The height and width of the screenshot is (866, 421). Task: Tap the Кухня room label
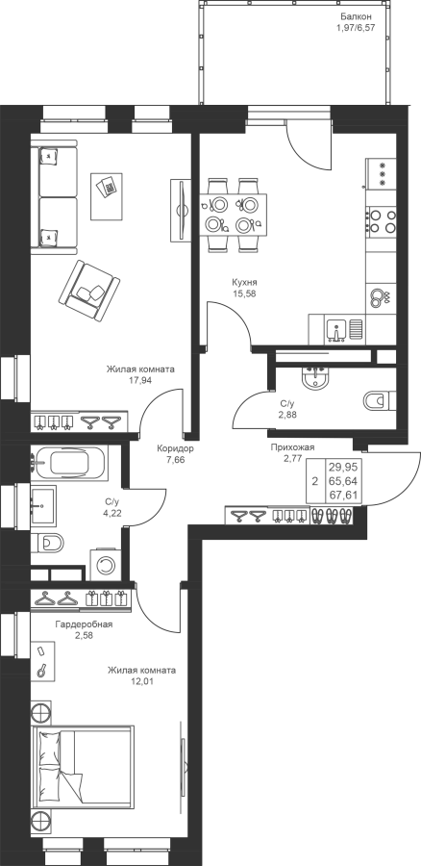tap(243, 282)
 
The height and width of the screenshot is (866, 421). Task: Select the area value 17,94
tap(140, 380)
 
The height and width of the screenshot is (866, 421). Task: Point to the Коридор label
tap(175, 448)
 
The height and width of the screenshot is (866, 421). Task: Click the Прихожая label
tap(292, 447)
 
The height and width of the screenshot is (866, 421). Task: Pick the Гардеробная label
tap(84, 624)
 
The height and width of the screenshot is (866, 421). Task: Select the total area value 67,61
tap(343, 495)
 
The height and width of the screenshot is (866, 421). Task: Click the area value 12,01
tap(141, 681)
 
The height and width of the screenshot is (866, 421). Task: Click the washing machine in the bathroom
tap(104, 564)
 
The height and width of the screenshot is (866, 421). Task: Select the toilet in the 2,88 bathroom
tap(381, 399)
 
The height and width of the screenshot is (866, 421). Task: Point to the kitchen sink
tap(335, 330)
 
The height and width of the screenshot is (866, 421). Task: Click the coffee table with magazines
tap(107, 195)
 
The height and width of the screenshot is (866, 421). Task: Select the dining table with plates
tap(233, 215)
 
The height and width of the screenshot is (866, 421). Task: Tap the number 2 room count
tap(315, 481)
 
